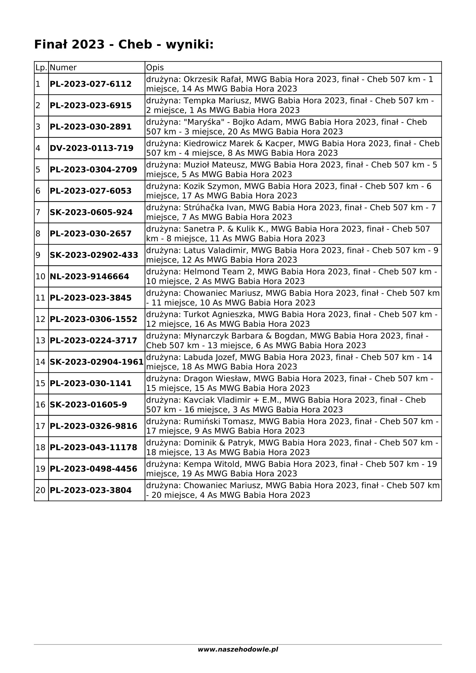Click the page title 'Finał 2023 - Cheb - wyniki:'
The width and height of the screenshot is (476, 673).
click(x=124, y=45)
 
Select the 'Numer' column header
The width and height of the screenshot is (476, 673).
click(x=63, y=68)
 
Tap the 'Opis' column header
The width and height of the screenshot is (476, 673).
click(x=155, y=68)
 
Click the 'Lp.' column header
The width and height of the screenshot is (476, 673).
click(x=41, y=68)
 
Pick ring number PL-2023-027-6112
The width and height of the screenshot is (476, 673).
click(x=91, y=84)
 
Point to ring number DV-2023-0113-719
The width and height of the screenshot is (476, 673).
click(x=92, y=148)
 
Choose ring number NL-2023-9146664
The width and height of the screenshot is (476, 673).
click(x=90, y=277)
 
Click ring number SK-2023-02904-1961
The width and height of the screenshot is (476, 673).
click(x=96, y=362)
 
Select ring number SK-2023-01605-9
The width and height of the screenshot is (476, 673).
click(x=88, y=405)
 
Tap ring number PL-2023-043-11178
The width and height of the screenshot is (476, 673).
click(x=93, y=448)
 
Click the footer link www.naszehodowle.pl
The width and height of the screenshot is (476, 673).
click(x=238, y=650)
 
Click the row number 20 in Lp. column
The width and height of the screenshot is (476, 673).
click(x=41, y=490)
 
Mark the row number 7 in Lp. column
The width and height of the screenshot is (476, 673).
click(x=38, y=212)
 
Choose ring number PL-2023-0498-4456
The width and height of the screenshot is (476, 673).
click(x=93, y=469)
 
